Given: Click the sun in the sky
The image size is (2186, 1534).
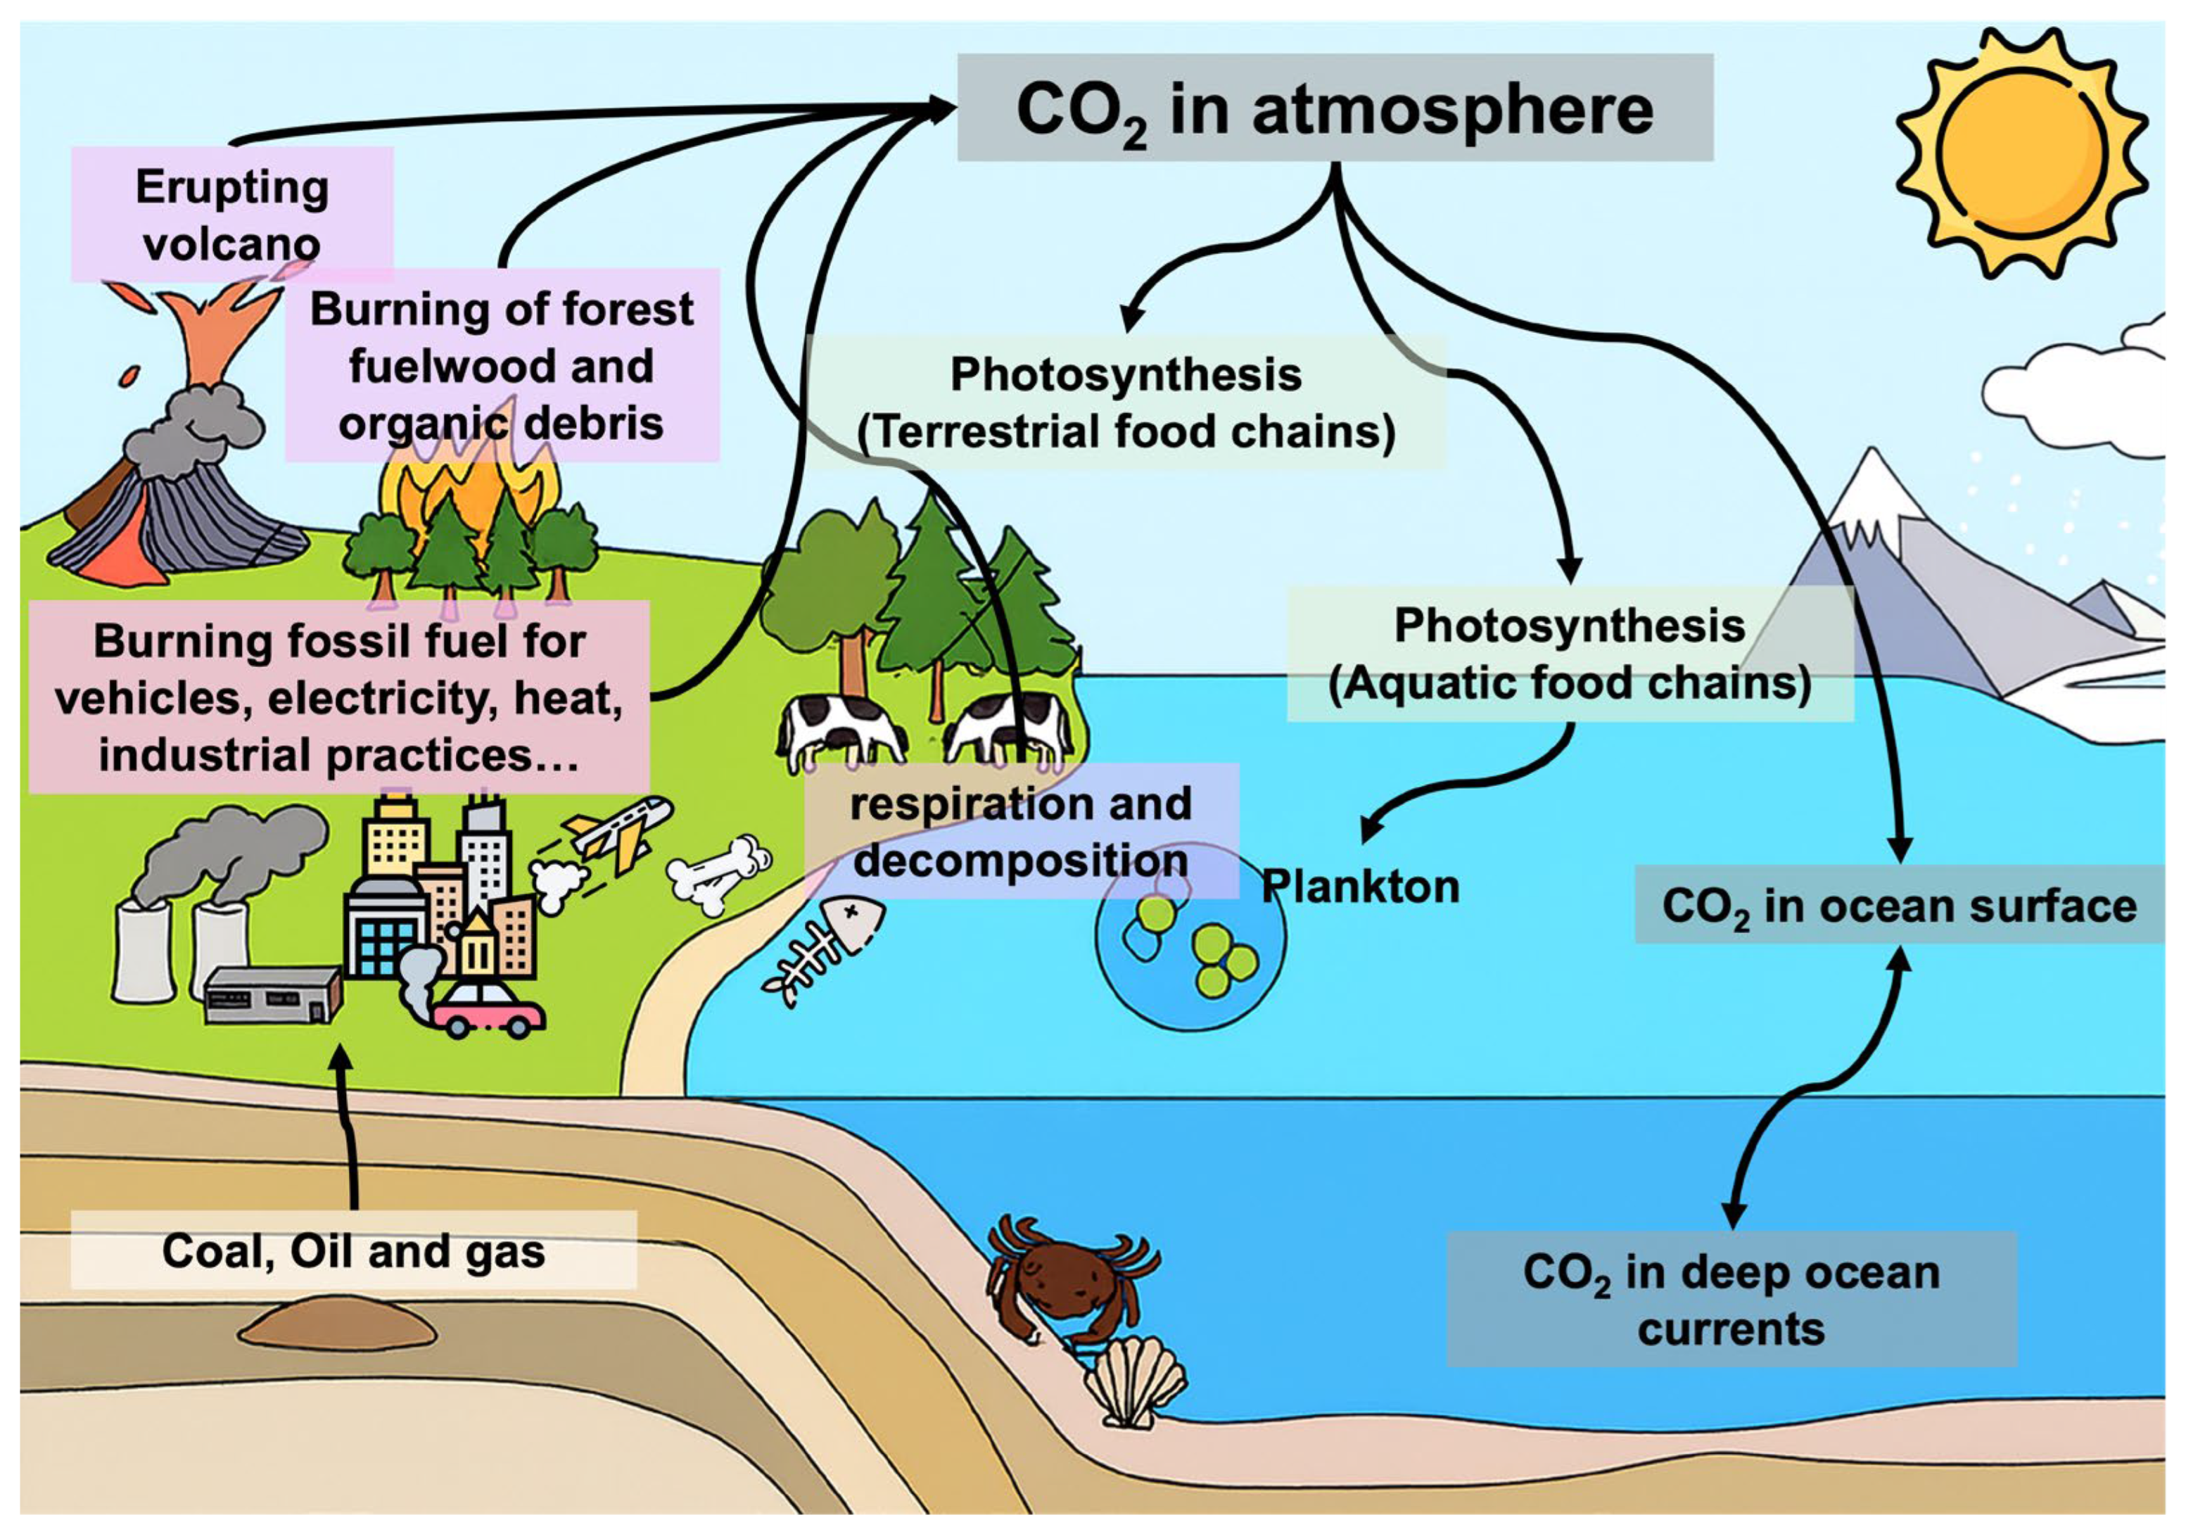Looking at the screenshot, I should click(2021, 153).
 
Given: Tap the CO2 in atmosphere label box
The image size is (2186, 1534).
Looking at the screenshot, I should click(1335, 108).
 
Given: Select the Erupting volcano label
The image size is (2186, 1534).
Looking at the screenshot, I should click(232, 214).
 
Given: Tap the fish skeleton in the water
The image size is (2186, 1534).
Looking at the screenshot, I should click(825, 946).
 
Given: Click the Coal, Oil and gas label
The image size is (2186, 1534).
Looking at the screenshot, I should click(353, 1250).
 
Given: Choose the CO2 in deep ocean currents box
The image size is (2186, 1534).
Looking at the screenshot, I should click(1731, 1300).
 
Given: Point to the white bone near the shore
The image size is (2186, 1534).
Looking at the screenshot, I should click(719, 873).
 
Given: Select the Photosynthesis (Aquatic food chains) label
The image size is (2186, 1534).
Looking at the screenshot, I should click(1569, 654).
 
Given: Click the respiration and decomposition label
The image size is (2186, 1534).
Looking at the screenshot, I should click(1021, 831).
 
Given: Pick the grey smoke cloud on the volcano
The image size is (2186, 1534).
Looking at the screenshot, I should click(195, 433).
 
